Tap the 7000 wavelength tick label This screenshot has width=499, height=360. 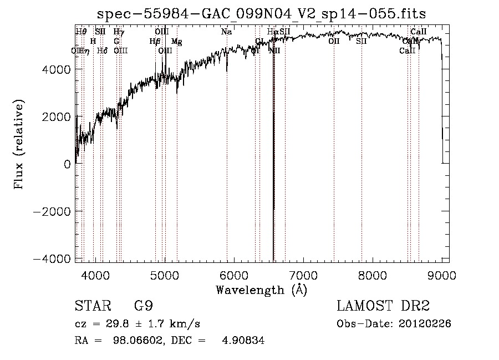[303, 275]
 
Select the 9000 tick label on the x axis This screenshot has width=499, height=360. [442, 275]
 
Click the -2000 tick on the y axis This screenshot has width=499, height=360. [53, 211]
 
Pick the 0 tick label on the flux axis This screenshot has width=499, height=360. [67, 164]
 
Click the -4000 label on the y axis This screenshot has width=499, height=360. [53, 259]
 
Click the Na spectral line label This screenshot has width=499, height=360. [226, 32]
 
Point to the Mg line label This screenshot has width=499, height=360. [176, 41]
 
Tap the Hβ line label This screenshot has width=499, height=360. [155, 41]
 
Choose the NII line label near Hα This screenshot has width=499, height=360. [274, 50]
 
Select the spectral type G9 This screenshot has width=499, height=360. [143, 306]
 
